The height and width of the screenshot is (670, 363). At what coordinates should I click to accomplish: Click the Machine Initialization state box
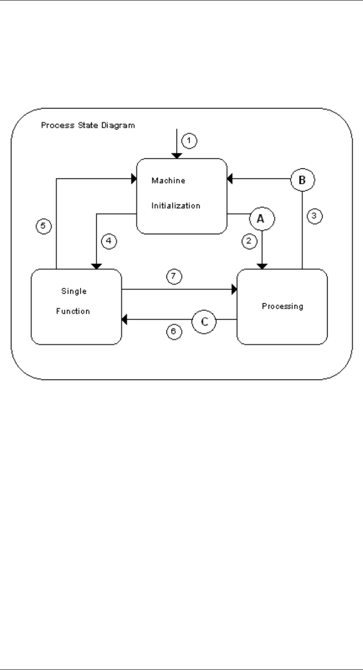181,196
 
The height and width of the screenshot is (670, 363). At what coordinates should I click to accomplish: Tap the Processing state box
282,306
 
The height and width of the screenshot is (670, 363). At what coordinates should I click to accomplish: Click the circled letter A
260,219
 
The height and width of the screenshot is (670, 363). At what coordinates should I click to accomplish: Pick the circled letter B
301,179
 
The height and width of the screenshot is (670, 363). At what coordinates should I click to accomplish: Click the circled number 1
189,141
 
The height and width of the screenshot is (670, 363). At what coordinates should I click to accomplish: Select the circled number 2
248,242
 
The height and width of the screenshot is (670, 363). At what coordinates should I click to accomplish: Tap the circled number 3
314,216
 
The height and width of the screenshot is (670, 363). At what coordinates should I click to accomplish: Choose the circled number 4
108,242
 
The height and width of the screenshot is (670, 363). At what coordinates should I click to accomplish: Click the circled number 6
174,332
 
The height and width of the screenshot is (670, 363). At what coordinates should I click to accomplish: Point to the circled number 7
174,276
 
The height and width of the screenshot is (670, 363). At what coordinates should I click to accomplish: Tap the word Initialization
176,205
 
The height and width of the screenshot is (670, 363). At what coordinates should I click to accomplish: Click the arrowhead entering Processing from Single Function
235,289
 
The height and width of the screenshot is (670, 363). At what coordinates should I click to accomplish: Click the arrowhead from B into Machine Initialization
230,179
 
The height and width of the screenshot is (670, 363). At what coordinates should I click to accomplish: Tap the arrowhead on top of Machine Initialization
177,156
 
